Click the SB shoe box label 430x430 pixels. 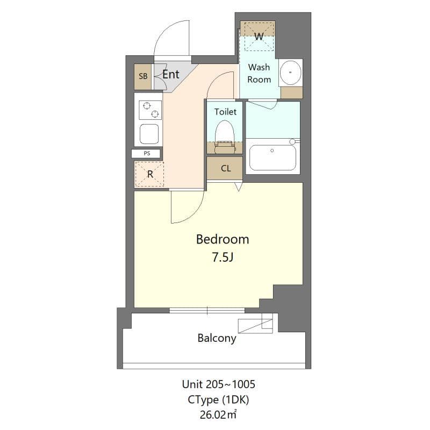click(143, 76)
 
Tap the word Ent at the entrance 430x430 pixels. click(171, 74)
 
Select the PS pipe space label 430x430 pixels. click(147, 153)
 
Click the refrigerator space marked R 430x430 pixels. click(150, 174)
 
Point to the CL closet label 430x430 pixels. click(226, 168)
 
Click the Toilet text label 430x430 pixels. click(225, 112)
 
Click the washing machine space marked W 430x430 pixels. click(258, 36)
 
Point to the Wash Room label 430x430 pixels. click(259, 74)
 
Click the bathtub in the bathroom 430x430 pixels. click(271, 156)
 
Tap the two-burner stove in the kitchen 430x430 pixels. click(149, 110)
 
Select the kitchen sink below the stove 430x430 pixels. click(149, 134)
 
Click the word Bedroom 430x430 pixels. click(222, 239)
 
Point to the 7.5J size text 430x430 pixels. click(222, 257)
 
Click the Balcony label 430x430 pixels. click(217, 338)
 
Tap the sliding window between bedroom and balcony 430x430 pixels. click(207, 310)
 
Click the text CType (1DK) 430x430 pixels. click(218, 399)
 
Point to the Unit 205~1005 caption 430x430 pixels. click(218, 384)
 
